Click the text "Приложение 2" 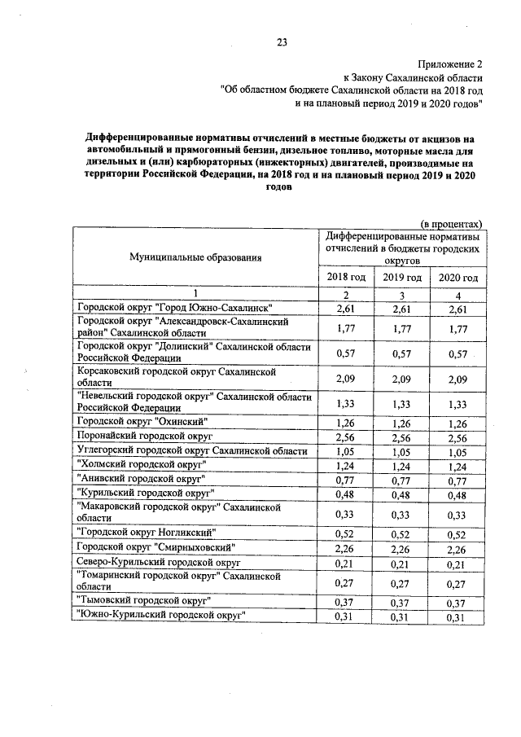click(x=450, y=63)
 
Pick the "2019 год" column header click(x=401, y=278)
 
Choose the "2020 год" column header click(x=458, y=278)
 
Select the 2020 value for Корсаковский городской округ click(x=458, y=378)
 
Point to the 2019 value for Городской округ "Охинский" click(x=401, y=422)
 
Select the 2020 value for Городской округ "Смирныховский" click(x=458, y=547)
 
